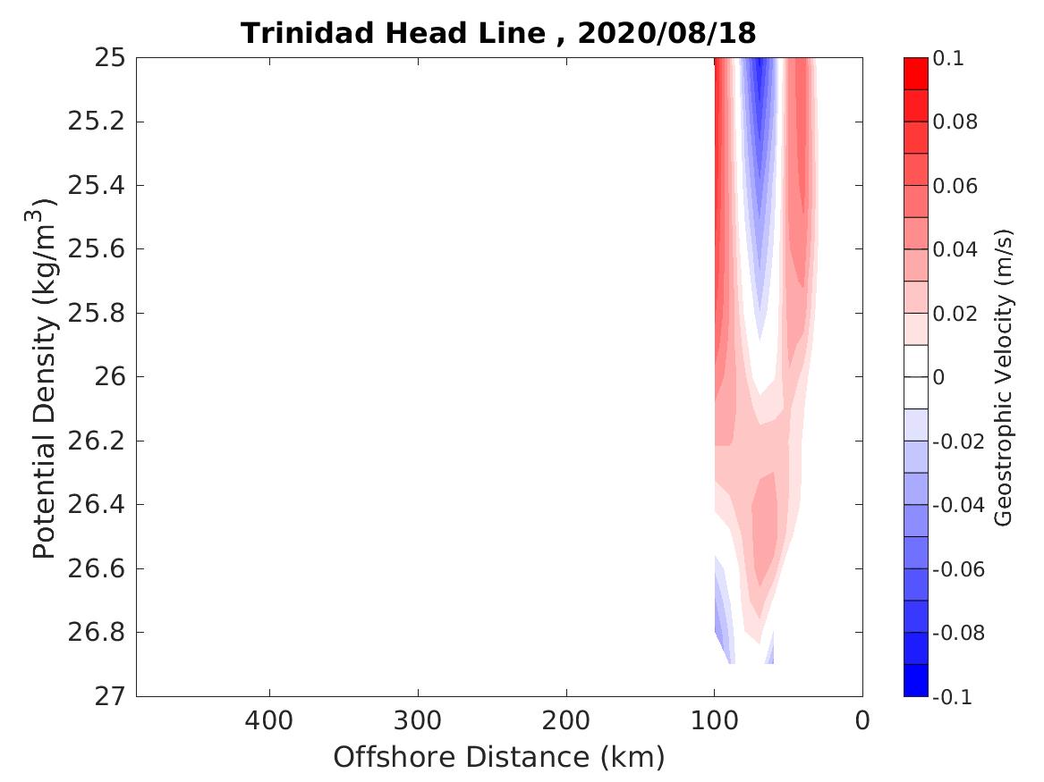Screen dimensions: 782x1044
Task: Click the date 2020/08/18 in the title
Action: [666, 33]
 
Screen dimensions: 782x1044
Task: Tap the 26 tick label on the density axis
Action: [106, 377]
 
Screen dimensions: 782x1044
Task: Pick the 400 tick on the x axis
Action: [269, 720]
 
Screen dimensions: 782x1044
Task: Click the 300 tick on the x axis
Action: [418, 720]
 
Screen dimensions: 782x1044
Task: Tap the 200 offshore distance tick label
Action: [566, 720]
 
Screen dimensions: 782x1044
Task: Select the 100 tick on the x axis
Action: [714, 720]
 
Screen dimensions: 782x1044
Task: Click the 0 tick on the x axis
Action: [862, 720]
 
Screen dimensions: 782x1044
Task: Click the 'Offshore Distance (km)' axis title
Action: [499, 758]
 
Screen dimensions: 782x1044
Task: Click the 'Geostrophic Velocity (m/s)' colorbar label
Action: [1004, 377]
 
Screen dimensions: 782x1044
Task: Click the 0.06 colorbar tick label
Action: [955, 186]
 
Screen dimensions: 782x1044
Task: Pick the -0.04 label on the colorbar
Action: [958, 505]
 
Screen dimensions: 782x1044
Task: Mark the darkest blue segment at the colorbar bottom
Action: [915, 680]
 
